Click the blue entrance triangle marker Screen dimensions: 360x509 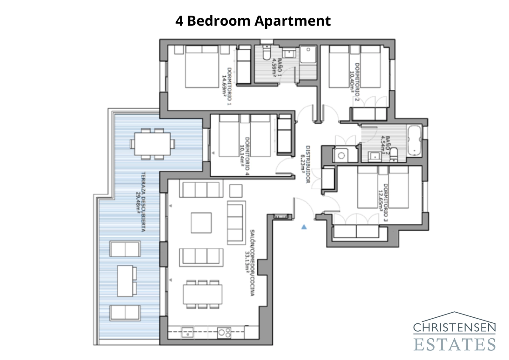click(x=304, y=227)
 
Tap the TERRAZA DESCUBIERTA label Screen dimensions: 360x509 click(x=141, y=202)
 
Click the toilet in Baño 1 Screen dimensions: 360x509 click(x=267, y=53)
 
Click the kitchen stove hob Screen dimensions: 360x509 click(x=224, y=333)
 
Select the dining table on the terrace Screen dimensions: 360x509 click(x=152, y=144)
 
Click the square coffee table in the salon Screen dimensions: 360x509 click(x=201, y=223)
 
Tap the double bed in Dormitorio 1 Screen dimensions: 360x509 click(x=202, y=67)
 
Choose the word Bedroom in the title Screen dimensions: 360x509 click(x=219, y=21)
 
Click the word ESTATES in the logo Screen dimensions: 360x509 click(x=455, y=344)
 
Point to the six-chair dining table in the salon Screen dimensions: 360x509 click(x=202, y=294)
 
